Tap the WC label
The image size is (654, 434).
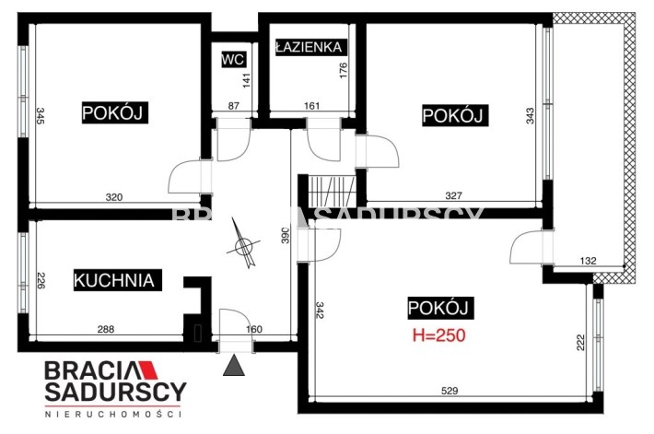233,59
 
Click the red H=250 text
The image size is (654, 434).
439,335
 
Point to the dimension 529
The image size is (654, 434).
450,391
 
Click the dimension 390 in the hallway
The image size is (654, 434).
286,235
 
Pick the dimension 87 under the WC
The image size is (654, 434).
234,106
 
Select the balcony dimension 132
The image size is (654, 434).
588,261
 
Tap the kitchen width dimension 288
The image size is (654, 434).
106,329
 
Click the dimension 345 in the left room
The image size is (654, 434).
41,116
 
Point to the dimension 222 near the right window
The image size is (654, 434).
580,342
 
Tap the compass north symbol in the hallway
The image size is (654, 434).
243,243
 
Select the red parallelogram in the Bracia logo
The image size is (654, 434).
148,369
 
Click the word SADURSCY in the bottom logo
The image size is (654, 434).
115,392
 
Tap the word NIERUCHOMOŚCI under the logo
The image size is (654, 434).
113,415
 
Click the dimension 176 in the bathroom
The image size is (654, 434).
344,71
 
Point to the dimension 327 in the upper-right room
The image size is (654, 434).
454,195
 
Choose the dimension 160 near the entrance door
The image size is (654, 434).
254,329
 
